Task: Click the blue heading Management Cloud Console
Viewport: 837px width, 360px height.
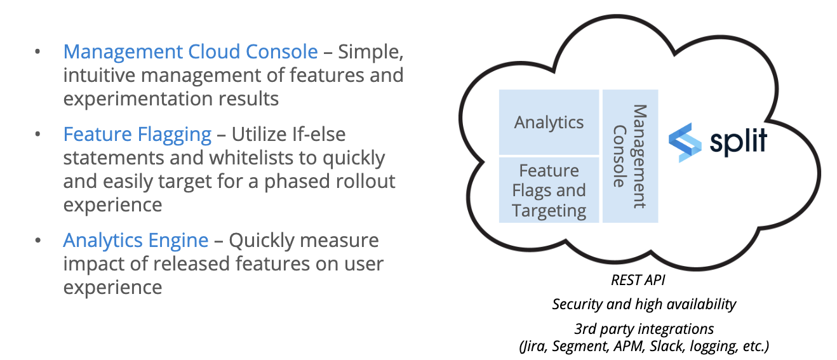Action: (x=191, y=51)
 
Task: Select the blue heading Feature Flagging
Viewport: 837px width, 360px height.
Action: (x=137, y=135)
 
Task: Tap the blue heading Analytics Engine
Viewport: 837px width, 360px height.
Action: (x=136, y=241)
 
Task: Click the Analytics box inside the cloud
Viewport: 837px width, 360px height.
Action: (x=549, y=122)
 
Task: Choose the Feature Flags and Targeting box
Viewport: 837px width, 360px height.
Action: (x=549, y=190)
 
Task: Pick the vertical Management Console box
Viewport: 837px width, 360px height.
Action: (x=630, y=156)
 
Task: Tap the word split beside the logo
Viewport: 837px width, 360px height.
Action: (x=738, y=141)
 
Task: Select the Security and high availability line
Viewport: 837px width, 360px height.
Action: (x=644, y=304)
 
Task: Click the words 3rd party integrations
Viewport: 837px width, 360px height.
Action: (x=644, y=329)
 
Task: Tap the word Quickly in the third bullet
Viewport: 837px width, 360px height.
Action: (x=262, y=241)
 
